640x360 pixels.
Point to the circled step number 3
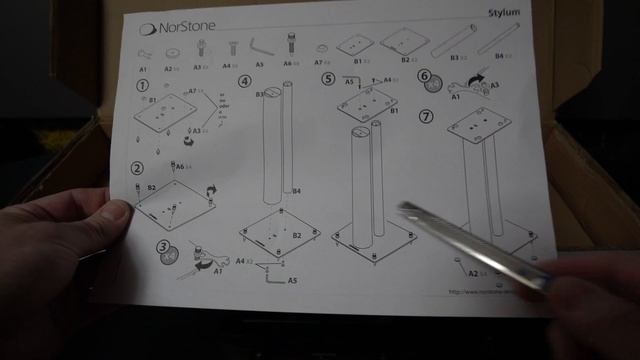[x=163, y=247]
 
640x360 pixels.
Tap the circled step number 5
[x=327, y=80]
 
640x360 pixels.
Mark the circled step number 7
[x=428, y=116]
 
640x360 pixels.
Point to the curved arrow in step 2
[x=211, y=189]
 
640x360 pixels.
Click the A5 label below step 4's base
[x=291, y=281]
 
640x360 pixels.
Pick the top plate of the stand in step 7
[x=479, y=127]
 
